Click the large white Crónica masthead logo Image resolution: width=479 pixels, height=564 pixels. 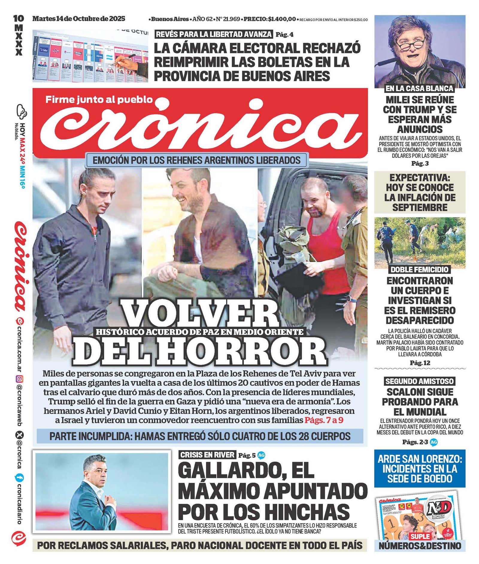[x=200, y=126]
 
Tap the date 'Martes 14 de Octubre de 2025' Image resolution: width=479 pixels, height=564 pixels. [x=79, y=19]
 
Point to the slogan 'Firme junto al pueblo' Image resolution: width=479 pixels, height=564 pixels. [x=99, y=99]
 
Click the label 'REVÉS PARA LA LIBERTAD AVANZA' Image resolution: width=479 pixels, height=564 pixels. [x=214, y=34]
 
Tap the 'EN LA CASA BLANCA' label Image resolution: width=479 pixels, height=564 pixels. [x=419, y=88]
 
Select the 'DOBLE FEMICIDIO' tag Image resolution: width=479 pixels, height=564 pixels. [x=419, y=269]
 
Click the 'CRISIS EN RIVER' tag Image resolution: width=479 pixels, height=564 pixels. [x=207, y=455]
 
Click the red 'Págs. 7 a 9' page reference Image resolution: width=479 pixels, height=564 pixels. [x=324, y=420]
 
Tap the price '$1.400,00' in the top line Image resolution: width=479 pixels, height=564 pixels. [x=282, y=19]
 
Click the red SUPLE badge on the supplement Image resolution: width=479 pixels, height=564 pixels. [x=420, y=536]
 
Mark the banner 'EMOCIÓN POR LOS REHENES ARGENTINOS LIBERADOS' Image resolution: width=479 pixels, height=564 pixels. [x=196, y=160]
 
